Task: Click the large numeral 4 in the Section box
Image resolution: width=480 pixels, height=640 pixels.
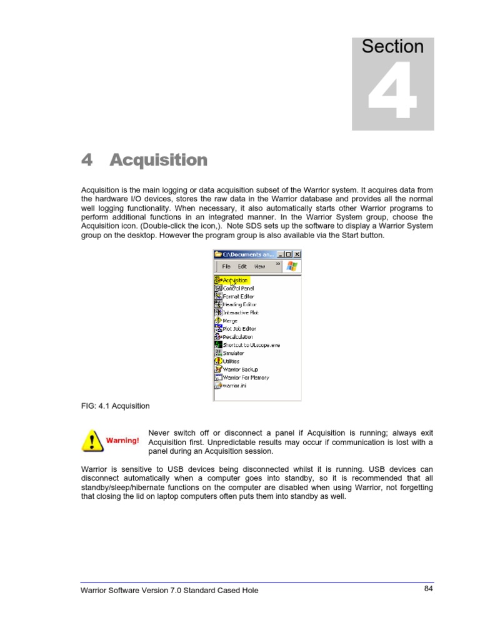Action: tap(392, 91)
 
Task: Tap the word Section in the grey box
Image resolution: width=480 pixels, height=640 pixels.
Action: tap(392, 47)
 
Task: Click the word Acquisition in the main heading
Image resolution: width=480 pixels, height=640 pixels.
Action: tap(158, 160)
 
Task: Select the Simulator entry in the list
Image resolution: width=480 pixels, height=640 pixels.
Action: tap(233, 353)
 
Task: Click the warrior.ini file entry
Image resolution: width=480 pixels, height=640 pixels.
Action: tap(237, 386)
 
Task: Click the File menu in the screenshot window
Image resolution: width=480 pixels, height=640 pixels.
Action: tap(226, 266)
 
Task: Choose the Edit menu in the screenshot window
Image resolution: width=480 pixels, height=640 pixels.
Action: tap(242, 266)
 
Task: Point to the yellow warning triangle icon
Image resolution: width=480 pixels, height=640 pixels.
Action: tap(92, 441)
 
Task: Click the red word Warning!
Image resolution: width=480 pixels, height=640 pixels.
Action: tap(122, 441)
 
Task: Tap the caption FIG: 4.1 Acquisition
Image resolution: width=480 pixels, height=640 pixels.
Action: tap(116, 406)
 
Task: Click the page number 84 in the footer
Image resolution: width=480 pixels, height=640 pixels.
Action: tap(428, 589)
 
